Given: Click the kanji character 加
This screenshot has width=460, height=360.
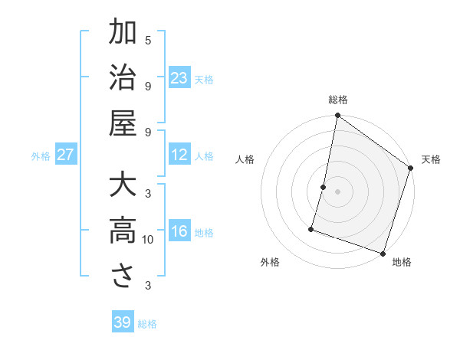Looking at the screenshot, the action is (123, 34).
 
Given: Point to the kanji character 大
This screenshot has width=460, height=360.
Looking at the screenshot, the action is (123, 187).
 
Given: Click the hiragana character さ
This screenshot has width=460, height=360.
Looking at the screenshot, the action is (123, 277).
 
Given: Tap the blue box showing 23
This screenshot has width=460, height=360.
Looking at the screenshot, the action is (179, 78).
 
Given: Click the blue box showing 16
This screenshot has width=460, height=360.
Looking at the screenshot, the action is (179, 232).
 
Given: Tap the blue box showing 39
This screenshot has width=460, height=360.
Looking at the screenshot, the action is (123, 322).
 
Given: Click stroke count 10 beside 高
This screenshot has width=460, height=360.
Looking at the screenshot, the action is (148, 240).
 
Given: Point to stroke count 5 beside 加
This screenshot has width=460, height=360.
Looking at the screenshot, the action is (148, 40).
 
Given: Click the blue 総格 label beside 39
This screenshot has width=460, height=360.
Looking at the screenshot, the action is (147, 324).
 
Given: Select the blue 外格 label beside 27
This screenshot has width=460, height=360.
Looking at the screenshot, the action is (41, 156).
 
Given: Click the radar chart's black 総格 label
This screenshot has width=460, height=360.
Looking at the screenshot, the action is (338, 100).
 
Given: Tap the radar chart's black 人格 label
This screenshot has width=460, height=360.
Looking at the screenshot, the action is (245, 159).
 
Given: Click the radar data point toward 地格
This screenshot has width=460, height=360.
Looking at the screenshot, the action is (383, 253).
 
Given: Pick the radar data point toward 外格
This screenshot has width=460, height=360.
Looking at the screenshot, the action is (311, 228).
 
